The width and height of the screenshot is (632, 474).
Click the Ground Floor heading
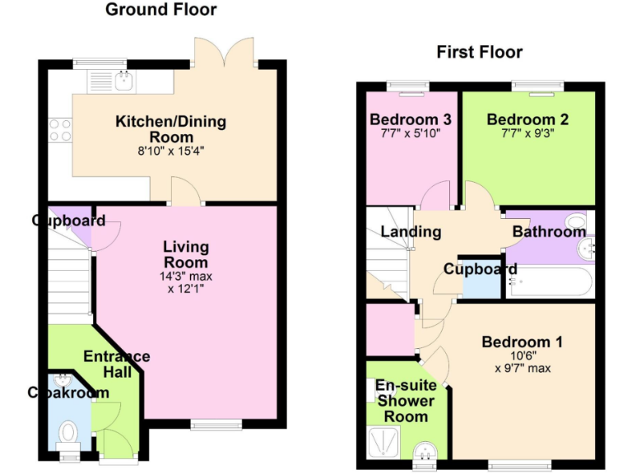point(161,10)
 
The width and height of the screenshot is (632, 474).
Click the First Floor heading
point(479,52)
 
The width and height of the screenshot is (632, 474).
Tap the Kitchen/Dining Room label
point(170,129)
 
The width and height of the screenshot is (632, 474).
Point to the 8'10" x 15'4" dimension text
point(170,151)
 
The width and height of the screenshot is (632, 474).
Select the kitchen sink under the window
point(123,80)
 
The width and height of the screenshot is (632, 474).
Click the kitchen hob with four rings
point(60,130)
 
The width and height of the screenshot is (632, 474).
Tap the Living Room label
point(186,254)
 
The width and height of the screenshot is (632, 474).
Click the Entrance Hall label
point(117,364)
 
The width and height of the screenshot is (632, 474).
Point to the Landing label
point(411,232)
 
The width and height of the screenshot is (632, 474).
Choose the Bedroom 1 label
point(522,342)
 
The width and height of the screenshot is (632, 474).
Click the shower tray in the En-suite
point(387,440)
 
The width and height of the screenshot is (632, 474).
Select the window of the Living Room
point(216,425)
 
